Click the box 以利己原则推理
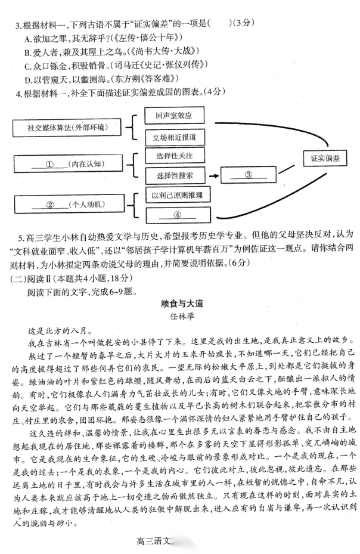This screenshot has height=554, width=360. coord(177,196)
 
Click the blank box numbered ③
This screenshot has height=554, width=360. coord(249,175)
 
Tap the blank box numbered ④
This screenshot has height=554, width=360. coord(177,215)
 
